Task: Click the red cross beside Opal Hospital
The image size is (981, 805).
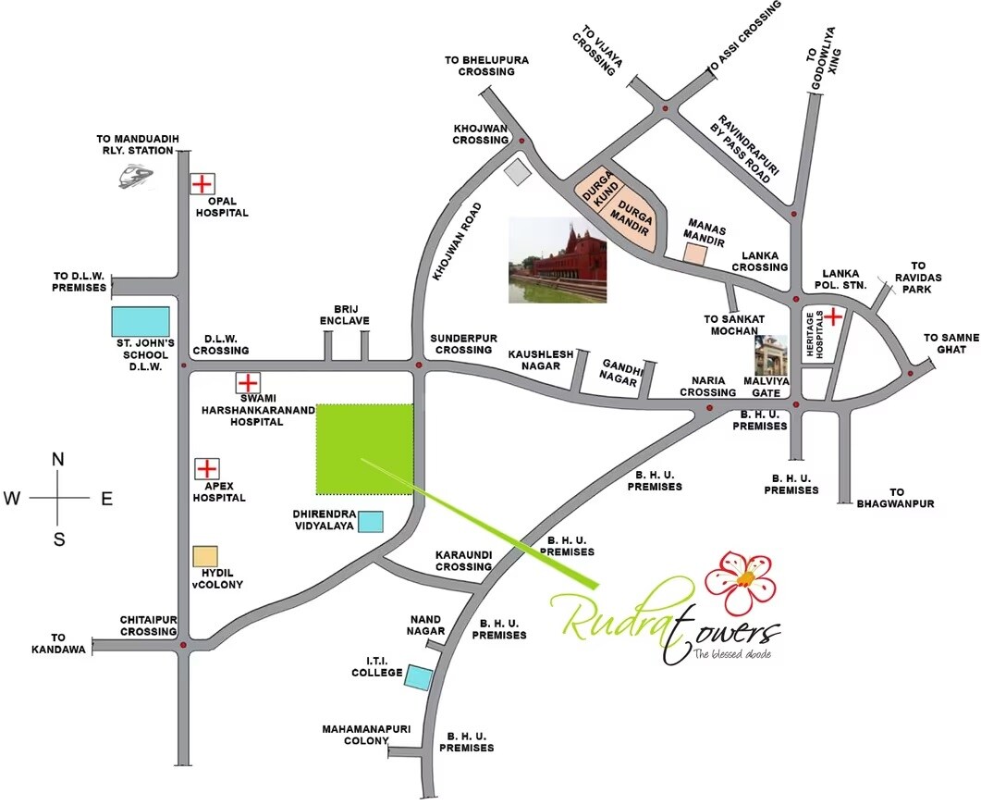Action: (202, 183)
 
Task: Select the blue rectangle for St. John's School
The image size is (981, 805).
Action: (141, 321)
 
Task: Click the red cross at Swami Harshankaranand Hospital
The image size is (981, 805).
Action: (247, 382)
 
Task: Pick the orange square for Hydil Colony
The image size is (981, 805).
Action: (205, 556)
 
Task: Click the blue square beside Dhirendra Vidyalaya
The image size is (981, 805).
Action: (371, 522)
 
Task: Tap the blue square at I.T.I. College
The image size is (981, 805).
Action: (419, 677)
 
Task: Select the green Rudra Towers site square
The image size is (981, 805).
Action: (364, 449)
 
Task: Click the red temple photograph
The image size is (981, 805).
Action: (558, 261)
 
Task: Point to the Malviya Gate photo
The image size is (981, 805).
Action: (771, 358)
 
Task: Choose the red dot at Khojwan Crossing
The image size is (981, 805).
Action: (521, 141)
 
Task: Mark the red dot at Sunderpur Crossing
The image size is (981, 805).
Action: (419, 365)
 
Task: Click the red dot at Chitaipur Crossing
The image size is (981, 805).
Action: (184, 645)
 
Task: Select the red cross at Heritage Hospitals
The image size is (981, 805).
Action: (833, 317)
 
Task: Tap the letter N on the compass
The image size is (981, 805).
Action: (58, 460)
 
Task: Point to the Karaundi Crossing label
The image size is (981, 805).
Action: (463, 561)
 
